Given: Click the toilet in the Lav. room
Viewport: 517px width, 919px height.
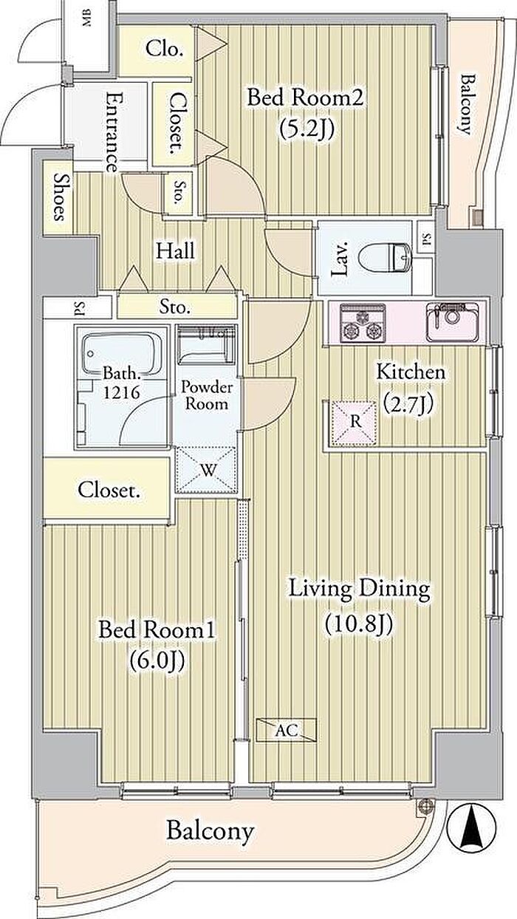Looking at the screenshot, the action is [385, 258].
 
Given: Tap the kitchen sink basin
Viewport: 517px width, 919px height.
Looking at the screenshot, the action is [452, 322].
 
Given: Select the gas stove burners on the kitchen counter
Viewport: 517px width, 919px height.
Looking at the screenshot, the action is [363, 324].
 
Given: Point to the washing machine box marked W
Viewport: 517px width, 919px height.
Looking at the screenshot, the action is [206, 470].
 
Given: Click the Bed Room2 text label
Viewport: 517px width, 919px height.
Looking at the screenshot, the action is [305, 99].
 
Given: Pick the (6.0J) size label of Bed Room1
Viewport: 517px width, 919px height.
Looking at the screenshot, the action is [157, 660].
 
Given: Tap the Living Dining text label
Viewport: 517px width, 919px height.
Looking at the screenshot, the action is [360, 589].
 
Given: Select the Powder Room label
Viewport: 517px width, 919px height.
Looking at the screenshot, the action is [206, 395].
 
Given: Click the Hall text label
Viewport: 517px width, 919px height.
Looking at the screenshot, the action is [175, 250].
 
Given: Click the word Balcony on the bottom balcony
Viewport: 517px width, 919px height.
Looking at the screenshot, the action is [210, 831].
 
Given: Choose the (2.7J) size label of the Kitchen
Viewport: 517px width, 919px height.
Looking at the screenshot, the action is [408, 404].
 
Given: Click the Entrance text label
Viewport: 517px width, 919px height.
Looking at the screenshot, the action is [113, 132].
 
